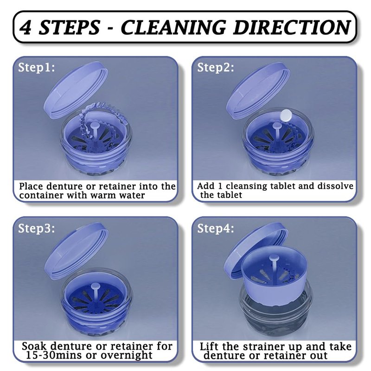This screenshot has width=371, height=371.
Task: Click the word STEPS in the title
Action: (x=69, y=27)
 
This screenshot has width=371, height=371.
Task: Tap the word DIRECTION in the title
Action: (x=292, y=27)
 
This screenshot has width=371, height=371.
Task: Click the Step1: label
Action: (x=37, y=67)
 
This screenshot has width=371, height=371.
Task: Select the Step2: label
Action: (x=216, y=67)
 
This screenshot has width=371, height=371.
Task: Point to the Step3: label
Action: (x=37, y=228)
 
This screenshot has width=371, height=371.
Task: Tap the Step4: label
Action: (x=216, y=228)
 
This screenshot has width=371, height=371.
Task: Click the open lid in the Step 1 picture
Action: (x=76, y=90)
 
